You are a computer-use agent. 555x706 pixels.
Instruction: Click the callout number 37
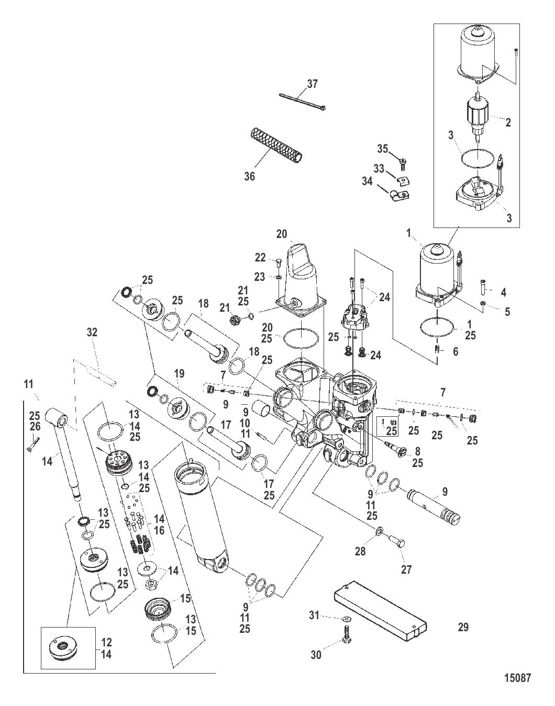[312, 84]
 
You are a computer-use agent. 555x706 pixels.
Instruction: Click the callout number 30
[316, 654]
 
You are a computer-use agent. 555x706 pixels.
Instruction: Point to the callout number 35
[383, 149]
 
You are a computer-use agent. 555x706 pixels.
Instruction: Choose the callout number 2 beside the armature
[508, 123]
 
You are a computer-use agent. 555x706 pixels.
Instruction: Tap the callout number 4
[503, 292]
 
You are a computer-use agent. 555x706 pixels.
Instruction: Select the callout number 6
[456, 351]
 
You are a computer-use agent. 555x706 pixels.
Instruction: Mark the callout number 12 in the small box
[106, 642]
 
